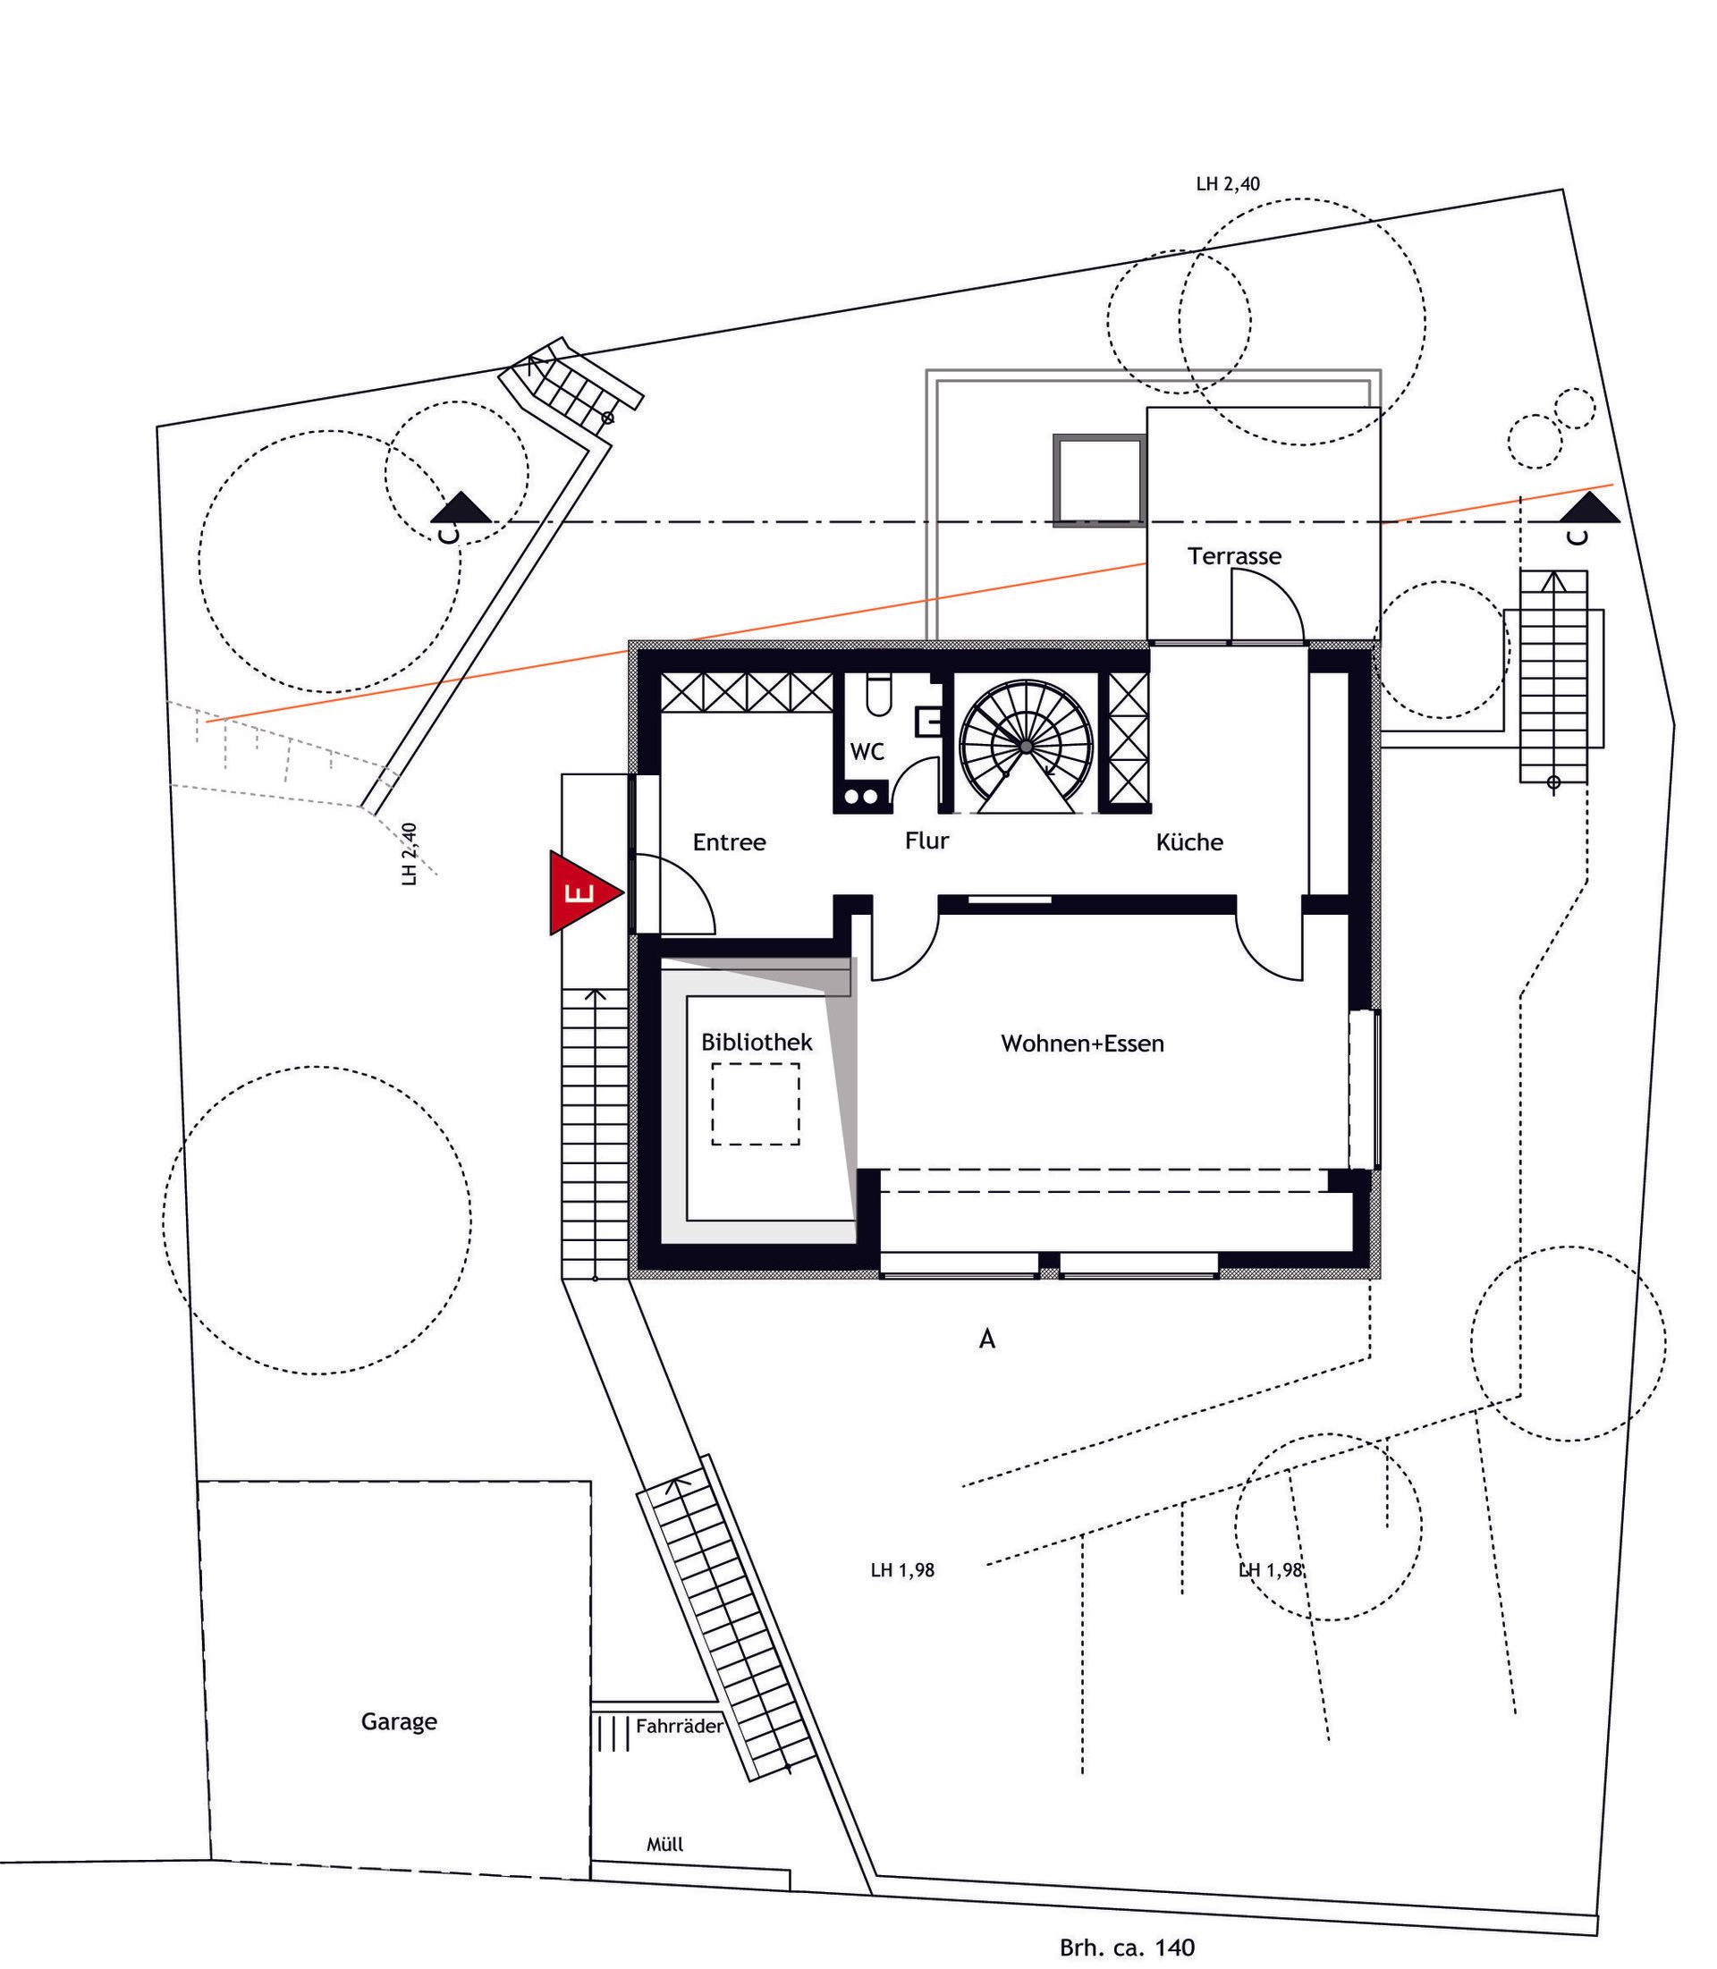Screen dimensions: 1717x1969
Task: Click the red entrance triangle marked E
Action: click(x=579, y=892)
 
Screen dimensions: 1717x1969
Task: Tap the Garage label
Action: click(x=399, y=1722)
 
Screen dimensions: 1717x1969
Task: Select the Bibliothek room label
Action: click(x=757, y=1042)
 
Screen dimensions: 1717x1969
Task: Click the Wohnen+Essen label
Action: click(x=1083, y=1044)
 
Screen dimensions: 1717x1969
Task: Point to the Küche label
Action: click(x=1189, y=842)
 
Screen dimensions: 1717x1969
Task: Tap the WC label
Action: click(x=867, y=752)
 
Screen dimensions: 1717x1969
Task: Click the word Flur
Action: click(x=926, y=841)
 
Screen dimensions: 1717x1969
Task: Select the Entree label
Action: click(x=729, y=842)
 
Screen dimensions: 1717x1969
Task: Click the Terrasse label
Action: click(x=1234, y=555)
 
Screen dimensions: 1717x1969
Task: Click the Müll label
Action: click(x=665, y=1845)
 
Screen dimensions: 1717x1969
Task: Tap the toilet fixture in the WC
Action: click(x=877, y=695)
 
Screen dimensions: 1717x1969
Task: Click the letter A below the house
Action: click(x=987, y=1339)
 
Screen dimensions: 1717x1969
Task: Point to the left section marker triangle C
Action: click(x=466, y=507)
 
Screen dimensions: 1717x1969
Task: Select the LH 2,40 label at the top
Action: click(x=1229, y=184)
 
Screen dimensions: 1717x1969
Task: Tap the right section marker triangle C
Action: click(x=1592, y=507)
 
